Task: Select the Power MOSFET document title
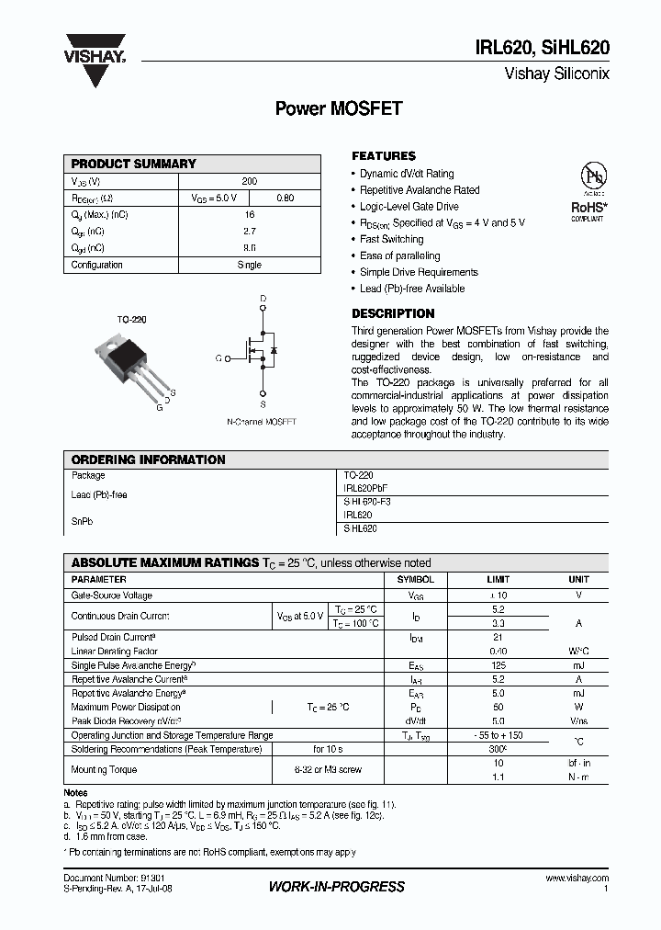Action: [339, 108]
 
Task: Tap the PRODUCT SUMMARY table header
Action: [134, 164]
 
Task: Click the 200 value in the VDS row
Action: [249, 182]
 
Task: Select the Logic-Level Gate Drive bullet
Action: [409, 207]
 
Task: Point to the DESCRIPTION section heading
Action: [393, 313]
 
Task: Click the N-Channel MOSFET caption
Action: [262, 422]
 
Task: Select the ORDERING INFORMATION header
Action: [148, 459]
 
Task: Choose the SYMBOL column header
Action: [415, 580]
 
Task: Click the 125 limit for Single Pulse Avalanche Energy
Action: [499, 664]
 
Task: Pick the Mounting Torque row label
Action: [104, 769]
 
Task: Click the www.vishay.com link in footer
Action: [577, 879]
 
